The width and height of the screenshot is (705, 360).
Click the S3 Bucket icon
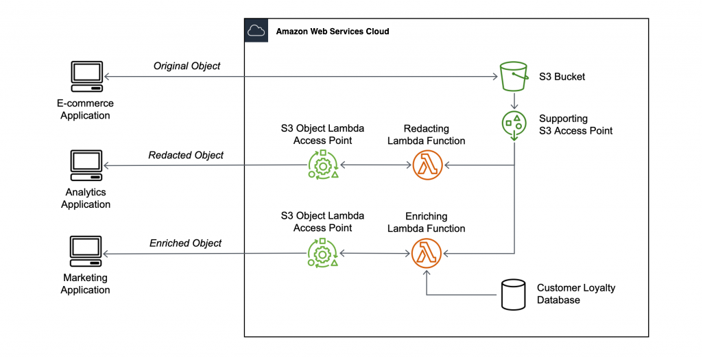(514, 75)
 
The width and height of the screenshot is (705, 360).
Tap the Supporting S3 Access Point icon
(514, 125)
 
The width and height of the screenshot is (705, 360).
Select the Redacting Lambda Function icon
(427, 165)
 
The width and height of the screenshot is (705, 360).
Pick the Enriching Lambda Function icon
(427, 253)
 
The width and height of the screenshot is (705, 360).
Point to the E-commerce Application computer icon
(86, 77)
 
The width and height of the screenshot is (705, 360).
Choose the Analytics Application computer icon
(86, 166)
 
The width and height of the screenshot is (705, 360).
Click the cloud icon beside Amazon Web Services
(256, 31)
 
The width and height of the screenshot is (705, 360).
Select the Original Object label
(187, 66)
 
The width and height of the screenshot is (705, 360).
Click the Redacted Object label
(186, 155)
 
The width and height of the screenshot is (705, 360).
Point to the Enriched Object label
(186, 243)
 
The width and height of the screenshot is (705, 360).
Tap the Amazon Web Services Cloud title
(332, 32)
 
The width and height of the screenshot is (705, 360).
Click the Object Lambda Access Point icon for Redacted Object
(322, 165)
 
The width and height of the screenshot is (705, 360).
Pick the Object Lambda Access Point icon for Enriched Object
(322, 253)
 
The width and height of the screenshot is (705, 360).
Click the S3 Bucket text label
(562, 76)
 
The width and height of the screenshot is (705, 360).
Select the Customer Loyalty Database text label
(576, 293)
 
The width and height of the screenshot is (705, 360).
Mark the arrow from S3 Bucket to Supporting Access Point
(514, 100)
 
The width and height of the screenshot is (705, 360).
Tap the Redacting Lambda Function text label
(426, 134)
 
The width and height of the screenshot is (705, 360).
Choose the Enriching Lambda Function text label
(426, 222)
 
